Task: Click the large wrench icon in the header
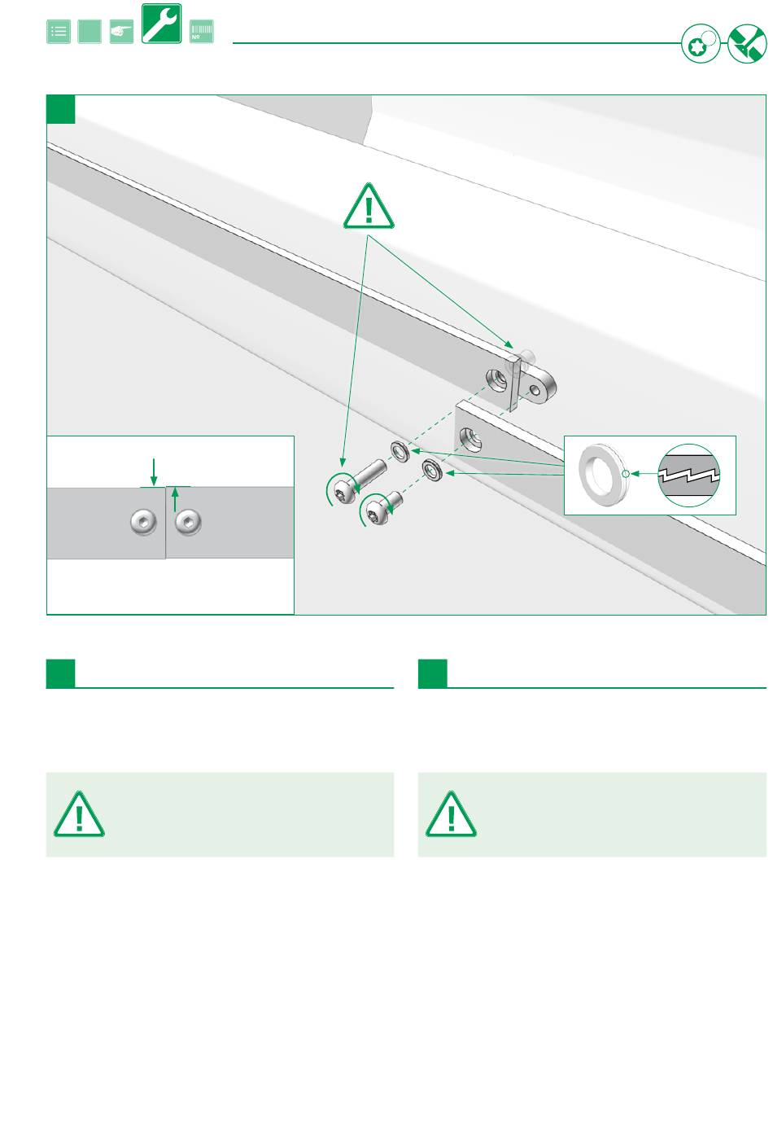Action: (161, 24)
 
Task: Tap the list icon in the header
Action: (59, 32)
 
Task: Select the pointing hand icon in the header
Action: (121, 32)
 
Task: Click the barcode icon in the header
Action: (201, 32)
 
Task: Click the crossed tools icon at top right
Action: (747, 44)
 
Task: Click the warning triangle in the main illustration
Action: (369, 207)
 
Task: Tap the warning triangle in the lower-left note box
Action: (79, 814)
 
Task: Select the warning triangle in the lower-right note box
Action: (451, 814)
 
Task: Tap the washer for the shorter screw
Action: (430, 470)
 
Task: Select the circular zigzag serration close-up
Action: (688, 476)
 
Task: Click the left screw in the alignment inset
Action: (144, 522)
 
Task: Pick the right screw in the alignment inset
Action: (188, 522)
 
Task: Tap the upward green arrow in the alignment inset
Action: (176, 499)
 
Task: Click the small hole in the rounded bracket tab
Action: (535, 391)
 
